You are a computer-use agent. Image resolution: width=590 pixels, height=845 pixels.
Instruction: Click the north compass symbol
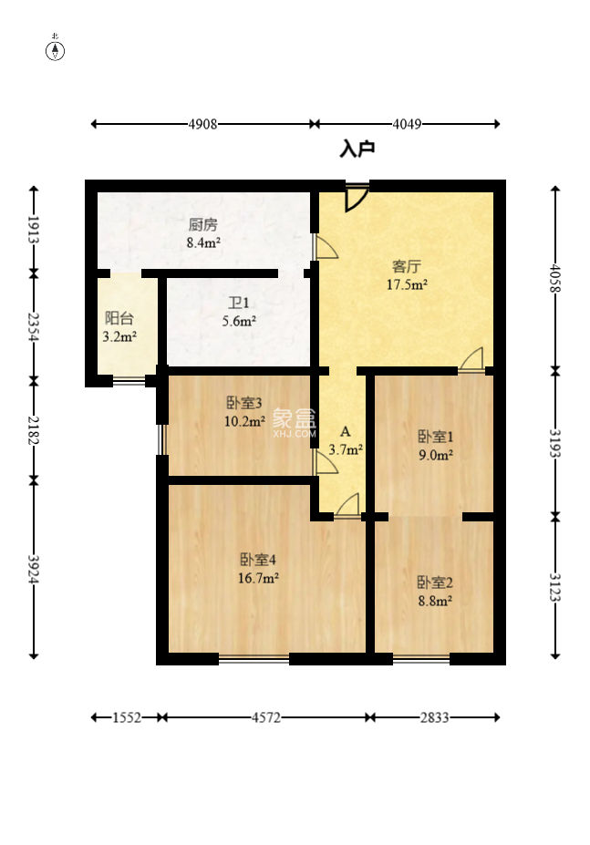[x=55, y=50]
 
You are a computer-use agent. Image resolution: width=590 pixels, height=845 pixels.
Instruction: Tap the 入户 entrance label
[x=357, y=149]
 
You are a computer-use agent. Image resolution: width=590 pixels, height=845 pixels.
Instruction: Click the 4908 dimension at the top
[x=202, y=124]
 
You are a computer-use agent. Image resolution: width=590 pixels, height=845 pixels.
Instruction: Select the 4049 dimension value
[x=407, y=124]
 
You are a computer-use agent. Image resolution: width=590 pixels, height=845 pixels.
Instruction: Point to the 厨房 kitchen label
[x=203, y=223]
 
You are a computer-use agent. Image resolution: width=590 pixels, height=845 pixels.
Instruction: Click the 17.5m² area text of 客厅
[x=408, y=284]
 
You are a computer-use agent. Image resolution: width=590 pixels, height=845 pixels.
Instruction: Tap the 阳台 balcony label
[x=119, y=318]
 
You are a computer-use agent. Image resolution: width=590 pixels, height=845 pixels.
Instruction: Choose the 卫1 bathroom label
[x=238, y=303]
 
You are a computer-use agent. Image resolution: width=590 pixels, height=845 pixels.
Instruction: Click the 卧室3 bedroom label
[x=243, y=403]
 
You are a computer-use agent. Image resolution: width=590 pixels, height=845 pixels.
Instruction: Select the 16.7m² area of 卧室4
[x=258, y=578]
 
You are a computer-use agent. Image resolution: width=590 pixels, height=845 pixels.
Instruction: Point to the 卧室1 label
[x=436, y=436]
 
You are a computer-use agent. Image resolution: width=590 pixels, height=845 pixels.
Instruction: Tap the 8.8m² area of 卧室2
[x=435, y=601]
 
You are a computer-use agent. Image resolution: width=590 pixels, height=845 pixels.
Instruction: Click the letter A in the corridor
[x=346, y=432]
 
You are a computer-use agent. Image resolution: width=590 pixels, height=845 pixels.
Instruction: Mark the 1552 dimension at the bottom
[x=127, y=717]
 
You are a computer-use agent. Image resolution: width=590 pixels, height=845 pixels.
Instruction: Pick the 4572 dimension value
[x=266, y=717]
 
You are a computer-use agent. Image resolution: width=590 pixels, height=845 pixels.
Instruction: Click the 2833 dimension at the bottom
[x=435, y=717]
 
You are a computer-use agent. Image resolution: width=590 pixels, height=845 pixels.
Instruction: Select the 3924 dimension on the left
[x=34, y=569]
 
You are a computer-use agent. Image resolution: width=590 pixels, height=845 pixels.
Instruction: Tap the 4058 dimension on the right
[x=555, y=278]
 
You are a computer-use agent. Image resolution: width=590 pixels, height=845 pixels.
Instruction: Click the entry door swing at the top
[x=357, y=198]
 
